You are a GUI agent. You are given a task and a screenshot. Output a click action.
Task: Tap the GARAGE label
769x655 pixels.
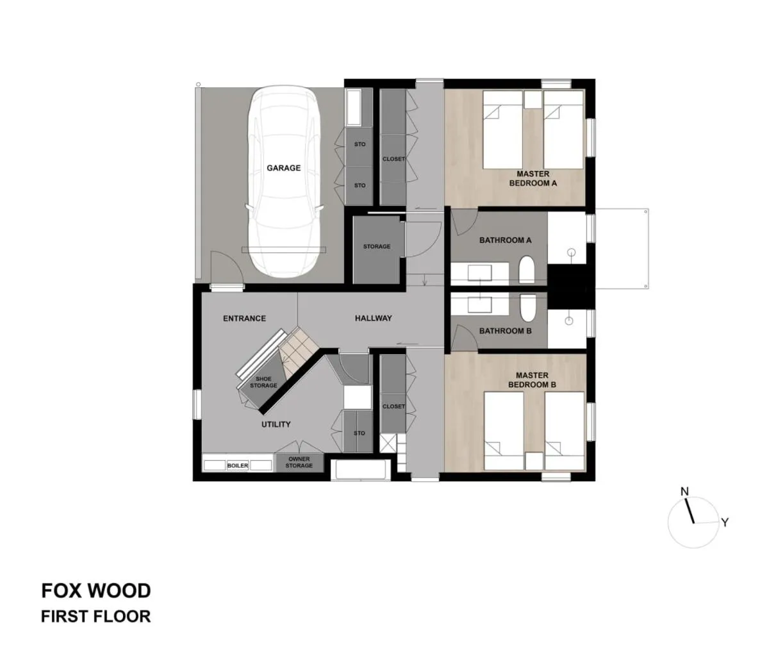point(283,168)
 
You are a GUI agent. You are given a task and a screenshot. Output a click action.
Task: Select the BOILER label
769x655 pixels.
point(237,466)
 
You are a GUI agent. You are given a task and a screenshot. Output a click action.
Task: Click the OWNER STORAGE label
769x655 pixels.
point(299,463)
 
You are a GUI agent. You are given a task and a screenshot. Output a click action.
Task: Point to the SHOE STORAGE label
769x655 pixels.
point(263,383)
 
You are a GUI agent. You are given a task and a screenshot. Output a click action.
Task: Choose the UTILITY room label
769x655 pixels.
point(276,424)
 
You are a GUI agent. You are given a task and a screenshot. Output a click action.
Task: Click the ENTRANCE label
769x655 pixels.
point(244,319)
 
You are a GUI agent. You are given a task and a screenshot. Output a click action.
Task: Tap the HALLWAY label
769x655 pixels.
point(373,319)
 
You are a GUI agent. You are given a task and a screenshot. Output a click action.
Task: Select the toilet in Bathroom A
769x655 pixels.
point(527,270)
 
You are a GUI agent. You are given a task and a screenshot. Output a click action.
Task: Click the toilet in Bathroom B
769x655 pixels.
point(527,309)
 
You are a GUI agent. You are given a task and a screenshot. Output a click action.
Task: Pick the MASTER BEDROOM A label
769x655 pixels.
point(533,178)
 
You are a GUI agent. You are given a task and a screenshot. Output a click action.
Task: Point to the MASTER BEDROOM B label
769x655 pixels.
point(532,380)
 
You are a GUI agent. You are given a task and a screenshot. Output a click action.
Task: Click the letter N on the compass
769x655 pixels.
point(684,492)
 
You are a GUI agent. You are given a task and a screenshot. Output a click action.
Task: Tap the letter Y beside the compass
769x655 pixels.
point(724,522)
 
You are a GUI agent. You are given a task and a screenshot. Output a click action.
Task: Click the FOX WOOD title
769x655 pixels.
point(96,590)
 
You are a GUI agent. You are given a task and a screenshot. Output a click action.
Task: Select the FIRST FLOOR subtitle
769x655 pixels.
point(96,617)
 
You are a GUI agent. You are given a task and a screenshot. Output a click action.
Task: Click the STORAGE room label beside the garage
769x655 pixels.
point(377,247)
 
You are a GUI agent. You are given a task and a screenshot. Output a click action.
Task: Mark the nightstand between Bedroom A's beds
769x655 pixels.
point(533,99)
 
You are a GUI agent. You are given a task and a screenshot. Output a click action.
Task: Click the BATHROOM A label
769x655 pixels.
point(506,240)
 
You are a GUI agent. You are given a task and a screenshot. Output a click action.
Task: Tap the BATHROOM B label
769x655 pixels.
point(506,331)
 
